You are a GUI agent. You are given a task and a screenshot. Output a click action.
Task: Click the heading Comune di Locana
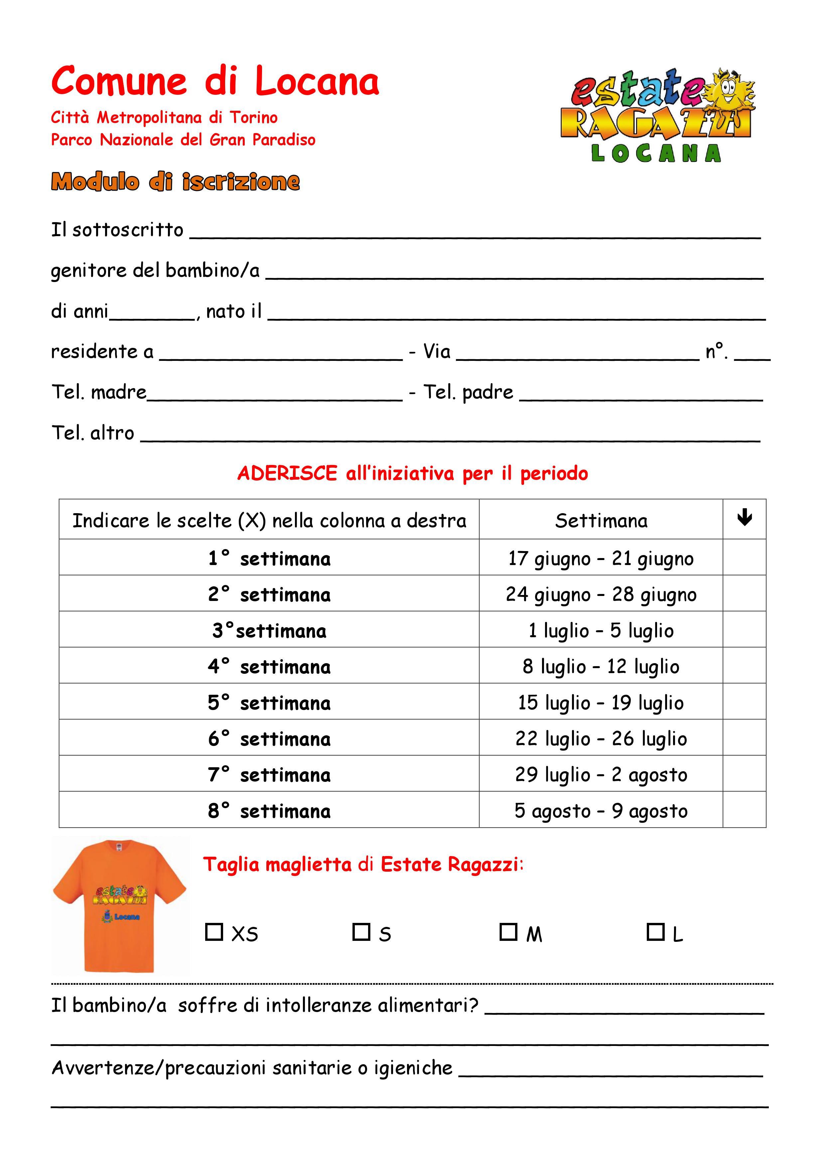215,81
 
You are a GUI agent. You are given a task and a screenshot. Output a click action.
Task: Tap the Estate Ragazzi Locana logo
658,115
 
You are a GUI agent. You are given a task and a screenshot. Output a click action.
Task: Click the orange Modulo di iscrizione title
175,182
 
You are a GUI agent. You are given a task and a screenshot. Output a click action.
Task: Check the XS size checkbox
214,932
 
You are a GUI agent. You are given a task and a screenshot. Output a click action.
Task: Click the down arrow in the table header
744,518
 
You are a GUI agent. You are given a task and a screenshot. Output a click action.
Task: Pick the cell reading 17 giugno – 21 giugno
601,558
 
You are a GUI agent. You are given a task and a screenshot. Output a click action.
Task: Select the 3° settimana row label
269,630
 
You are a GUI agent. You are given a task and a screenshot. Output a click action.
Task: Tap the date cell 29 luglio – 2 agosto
601,774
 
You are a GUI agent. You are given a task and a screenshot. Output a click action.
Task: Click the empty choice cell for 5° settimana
744,702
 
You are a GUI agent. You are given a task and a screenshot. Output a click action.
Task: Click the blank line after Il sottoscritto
475,231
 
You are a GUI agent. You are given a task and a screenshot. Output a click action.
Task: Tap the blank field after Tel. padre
640,394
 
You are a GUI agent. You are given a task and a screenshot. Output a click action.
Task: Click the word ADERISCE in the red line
287,473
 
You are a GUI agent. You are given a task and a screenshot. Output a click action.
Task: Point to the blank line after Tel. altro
450,435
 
